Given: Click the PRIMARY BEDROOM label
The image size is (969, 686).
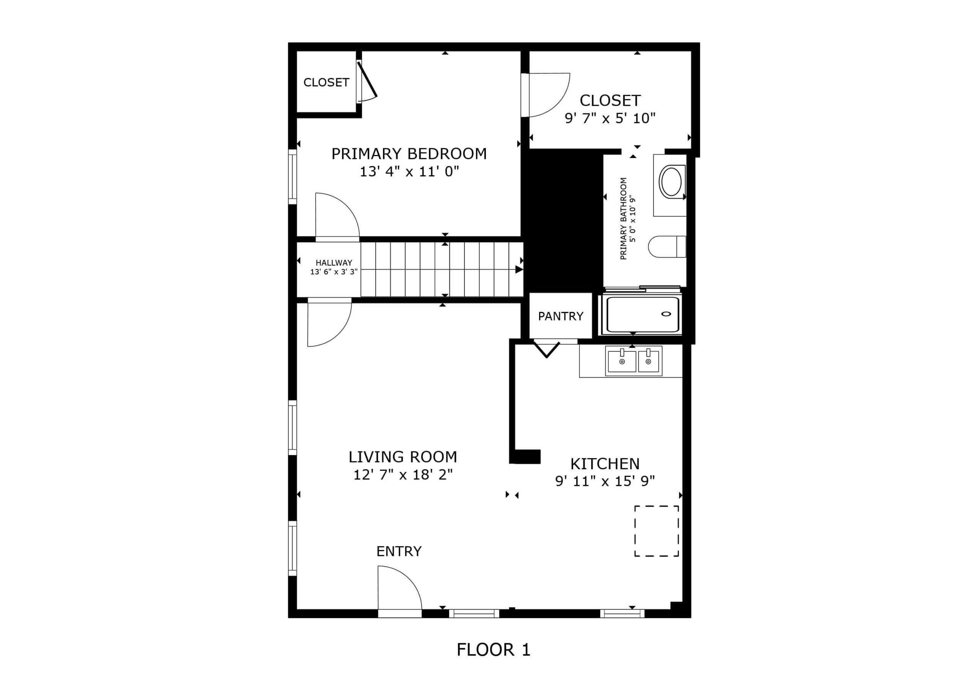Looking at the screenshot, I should tap(409, 154).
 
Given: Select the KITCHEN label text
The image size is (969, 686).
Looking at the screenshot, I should tap(604, 464).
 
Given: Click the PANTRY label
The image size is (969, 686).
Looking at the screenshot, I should tap(560, 316).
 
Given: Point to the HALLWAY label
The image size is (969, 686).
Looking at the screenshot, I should tap(334, 263).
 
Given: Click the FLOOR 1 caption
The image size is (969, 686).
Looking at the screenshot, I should tap(493, 650).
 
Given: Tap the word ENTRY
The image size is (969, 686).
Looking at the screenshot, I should tap(399, 551).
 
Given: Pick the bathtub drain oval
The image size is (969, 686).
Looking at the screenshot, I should tap(666, 314).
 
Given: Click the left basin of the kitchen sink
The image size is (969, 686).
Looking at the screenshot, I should tap(621, 362).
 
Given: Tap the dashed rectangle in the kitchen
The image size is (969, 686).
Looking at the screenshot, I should tap(656, 531).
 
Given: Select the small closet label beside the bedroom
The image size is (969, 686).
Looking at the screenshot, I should tap(326, 82).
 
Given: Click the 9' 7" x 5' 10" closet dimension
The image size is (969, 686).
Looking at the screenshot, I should tap(610, 118).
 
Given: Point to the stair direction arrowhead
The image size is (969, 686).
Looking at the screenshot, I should tap(519, 269).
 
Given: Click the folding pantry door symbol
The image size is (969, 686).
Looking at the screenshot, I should tap(547, 350).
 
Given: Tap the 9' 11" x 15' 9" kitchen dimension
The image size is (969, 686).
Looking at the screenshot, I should tap(604, 481).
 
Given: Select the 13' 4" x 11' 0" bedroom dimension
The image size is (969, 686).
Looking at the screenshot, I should tap(409, 171).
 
